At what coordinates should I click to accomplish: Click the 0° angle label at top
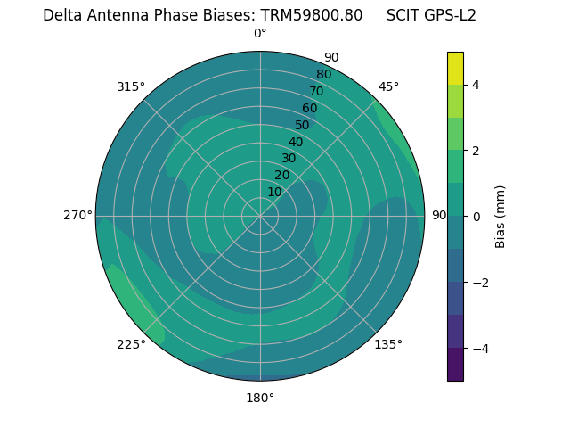tap(260, 34)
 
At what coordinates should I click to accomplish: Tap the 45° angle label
tap(388, 86)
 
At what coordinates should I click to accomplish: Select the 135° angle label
tap(388, 344)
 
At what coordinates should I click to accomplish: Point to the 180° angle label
tap(260, 398)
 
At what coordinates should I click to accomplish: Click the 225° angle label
tap(131, 344)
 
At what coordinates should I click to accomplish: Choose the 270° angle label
tap(77, 215)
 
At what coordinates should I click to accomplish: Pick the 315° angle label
tap(131, 86)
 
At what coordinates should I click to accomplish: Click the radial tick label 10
tap(274, 192)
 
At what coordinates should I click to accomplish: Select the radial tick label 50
tap(302, 125)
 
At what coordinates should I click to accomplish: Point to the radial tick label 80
tap(323, 74)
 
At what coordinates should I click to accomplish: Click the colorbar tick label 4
tap(476, 85)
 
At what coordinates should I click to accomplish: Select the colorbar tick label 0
tap(476, 216)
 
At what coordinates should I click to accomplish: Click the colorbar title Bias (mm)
tap(501, 216)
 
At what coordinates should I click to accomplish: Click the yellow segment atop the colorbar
tap(455, 68)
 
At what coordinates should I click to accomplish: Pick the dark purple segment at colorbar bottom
tap(455, 364)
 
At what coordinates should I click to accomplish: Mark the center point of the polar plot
tap(260, 216)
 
